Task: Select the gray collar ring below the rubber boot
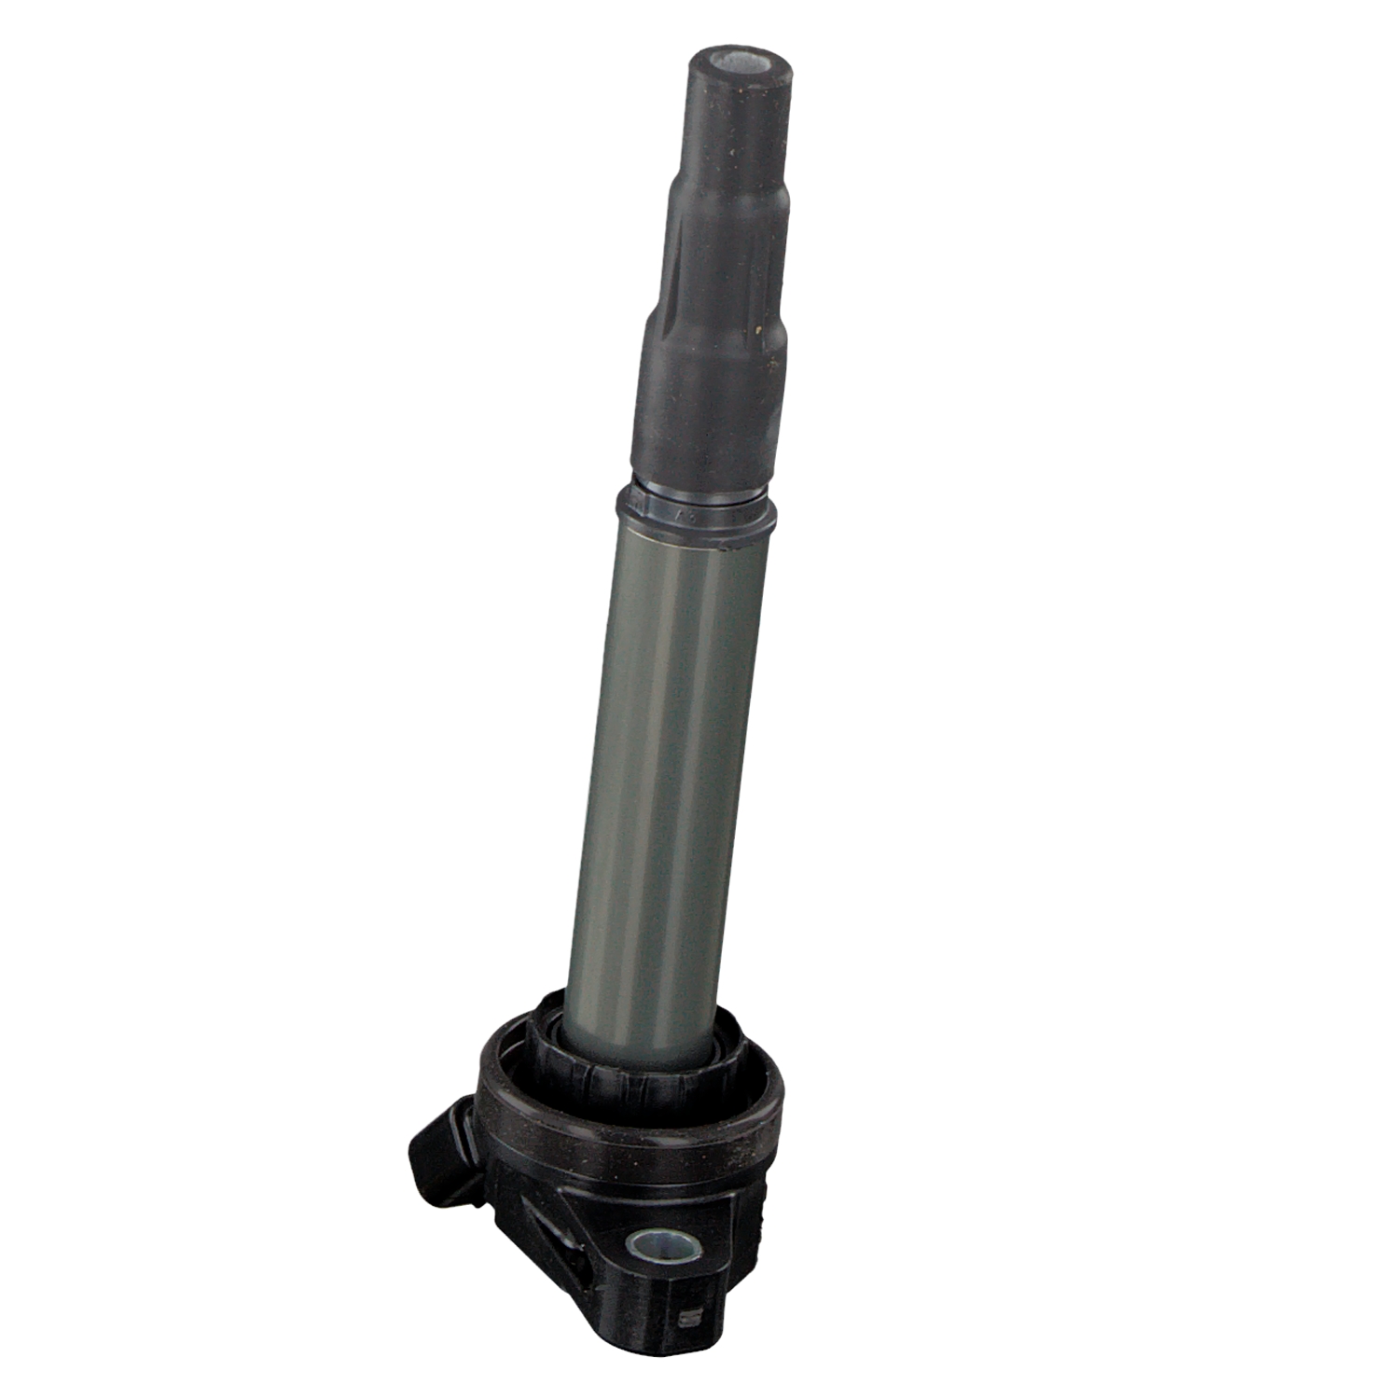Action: (x=695, y=511)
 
